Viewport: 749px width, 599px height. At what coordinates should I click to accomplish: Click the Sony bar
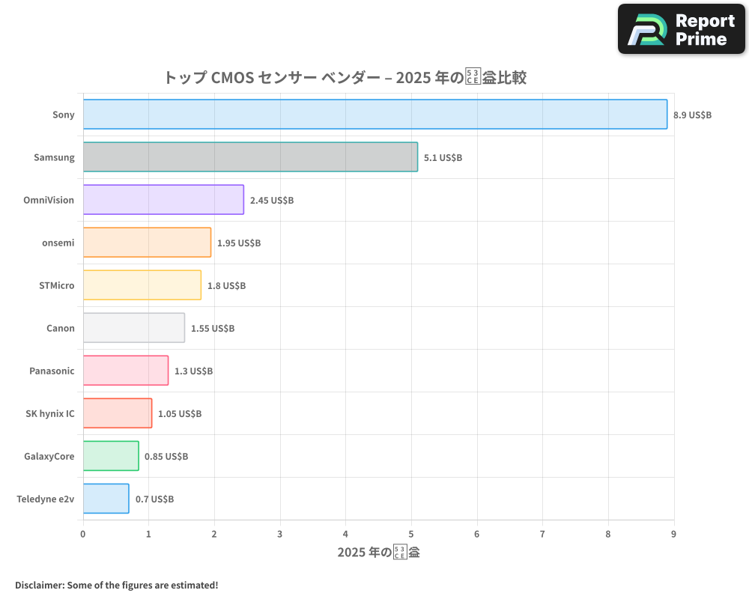(x=374, y=115)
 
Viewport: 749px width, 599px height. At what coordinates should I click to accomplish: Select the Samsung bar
(x=250, y=157)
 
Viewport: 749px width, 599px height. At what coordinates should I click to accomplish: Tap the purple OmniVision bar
(x=163, y=200)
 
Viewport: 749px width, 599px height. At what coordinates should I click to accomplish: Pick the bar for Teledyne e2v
(x=106, y=499)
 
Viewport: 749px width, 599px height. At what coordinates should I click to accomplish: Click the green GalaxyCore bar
(x=111, y=456)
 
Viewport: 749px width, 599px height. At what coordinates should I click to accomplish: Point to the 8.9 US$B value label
(x=692, y=115)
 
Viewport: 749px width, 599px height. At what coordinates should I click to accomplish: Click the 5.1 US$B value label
(x=443, y=158)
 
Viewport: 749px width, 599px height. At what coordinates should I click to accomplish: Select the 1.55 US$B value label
(x=213, y=329)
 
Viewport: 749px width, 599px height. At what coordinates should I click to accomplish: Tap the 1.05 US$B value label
(x=180, y=414)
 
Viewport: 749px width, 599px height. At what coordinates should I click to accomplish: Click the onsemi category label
(x=58, y=243)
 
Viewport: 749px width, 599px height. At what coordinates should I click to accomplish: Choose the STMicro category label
(x=57, y=285)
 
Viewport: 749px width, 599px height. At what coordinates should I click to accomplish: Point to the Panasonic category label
(x=52, y=371)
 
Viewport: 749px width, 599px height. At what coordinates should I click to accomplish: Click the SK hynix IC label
(x=50, y=413)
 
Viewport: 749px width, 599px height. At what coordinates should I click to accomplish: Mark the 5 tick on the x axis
(x=411, y=534)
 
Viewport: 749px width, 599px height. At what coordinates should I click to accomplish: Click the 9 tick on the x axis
(x=673, y=534)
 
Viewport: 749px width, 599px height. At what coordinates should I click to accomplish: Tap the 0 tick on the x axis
(x=83, y=534)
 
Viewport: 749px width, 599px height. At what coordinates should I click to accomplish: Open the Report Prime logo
(x=681, y=29)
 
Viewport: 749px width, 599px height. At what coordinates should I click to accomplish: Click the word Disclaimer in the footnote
(x=39, y=585)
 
